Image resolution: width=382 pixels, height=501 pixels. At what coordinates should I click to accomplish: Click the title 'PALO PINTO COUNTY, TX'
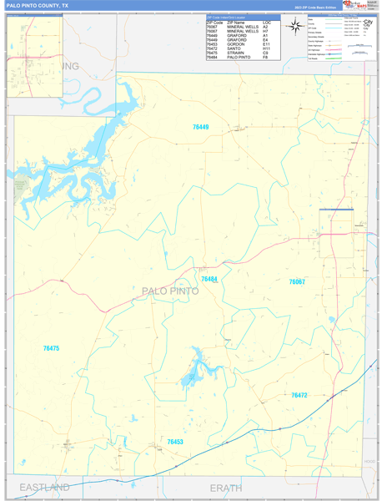tap(38, 5)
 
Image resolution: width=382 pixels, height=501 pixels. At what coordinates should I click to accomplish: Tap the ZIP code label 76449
tap(200, 128)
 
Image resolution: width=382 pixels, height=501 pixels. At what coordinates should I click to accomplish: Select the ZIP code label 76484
tap(209, 280)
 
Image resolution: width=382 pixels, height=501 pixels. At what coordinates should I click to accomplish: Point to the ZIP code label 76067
tap(297, 282)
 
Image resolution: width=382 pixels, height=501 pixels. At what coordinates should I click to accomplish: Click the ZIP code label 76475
tap(51, 348)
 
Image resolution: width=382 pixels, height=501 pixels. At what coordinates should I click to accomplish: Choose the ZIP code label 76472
tap(299, 395)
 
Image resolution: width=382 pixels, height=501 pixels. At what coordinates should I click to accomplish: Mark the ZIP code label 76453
tap(175, 442)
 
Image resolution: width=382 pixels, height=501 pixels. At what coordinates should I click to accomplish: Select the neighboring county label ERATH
tap(225, 487)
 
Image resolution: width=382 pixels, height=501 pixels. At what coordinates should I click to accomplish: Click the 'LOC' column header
tap(267, 23)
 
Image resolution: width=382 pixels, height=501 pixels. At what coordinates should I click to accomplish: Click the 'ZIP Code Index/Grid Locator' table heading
tap(225, 18)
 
